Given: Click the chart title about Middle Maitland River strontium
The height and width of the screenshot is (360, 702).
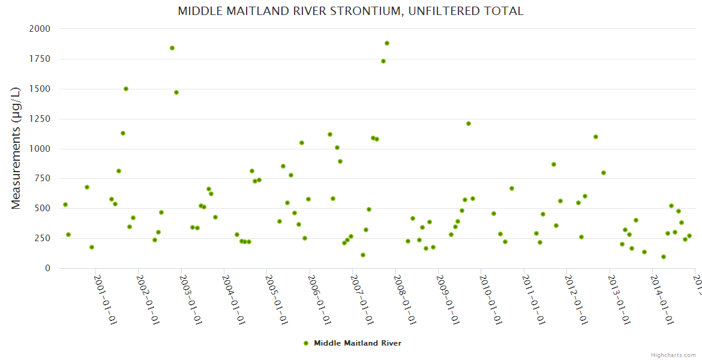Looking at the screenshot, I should [x=350, y=11].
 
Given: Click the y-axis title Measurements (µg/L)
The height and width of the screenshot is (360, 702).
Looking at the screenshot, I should [x=16, y=148].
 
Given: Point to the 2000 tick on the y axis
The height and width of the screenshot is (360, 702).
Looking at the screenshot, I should [x=40, y=29].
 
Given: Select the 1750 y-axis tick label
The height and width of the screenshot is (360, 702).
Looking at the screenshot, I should [x=40, y=59].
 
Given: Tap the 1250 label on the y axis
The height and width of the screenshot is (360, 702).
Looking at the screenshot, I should [x=40, y=119].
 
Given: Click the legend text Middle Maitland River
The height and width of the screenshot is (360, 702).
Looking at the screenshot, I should [x=358, y=343].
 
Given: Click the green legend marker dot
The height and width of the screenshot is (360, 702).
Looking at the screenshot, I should [x=306, y=343].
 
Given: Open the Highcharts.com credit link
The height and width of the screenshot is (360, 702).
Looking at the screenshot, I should [x=673, y=355].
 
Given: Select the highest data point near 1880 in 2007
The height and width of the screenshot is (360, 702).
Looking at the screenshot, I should [x=387, y=43].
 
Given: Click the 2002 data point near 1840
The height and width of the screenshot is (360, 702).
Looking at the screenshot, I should [x=172, y=48].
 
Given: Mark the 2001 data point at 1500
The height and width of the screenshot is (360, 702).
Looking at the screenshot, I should [x=126, y=89].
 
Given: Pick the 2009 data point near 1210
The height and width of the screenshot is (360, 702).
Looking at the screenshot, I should [x=469, y=124].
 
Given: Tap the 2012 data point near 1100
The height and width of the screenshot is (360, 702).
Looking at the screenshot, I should [x=596, y=137].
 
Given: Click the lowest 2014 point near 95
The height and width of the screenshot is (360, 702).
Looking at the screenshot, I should [x=664, y=257].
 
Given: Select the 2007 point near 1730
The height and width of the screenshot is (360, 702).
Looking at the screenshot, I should [x=383, y=61].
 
